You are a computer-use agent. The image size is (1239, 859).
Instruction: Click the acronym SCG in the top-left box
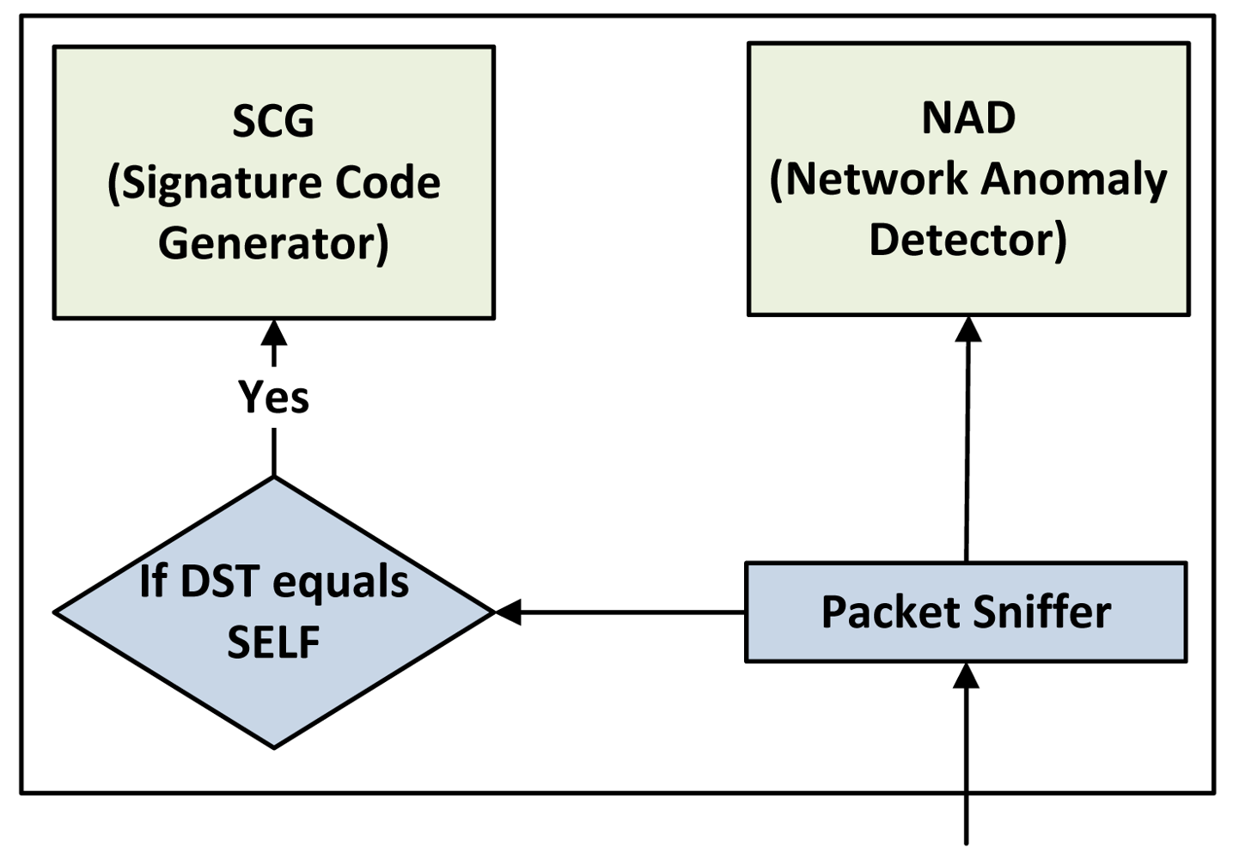pyautogui.click(x=273, y=120)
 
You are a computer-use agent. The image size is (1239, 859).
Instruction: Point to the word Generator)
pyautogui.click(x=273, y=243)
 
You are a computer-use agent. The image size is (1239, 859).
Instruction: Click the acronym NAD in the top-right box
pyautogui.click(x=968, y=118)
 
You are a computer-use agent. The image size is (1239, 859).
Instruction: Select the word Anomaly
pyautogui.click(x=1074, y=180)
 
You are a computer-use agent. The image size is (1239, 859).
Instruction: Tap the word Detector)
pyautogui.click(x=967, y=240)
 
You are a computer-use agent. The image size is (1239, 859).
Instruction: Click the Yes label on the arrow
pyautogui.click(x=273, y=397)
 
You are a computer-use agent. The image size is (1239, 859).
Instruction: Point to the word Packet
pyautogui.click(x=890, y=612)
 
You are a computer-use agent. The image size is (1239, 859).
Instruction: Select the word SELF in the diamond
pyautogui.click(x=273, y=642)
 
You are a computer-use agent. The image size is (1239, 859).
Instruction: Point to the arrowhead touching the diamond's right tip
pyautogui.click(x=509, y=612)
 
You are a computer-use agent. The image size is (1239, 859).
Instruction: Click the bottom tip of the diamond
pyautogui.click(x=273, y=746)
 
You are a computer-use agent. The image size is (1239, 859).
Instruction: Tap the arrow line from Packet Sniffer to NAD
pyautogui.click(x=967, y=447)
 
